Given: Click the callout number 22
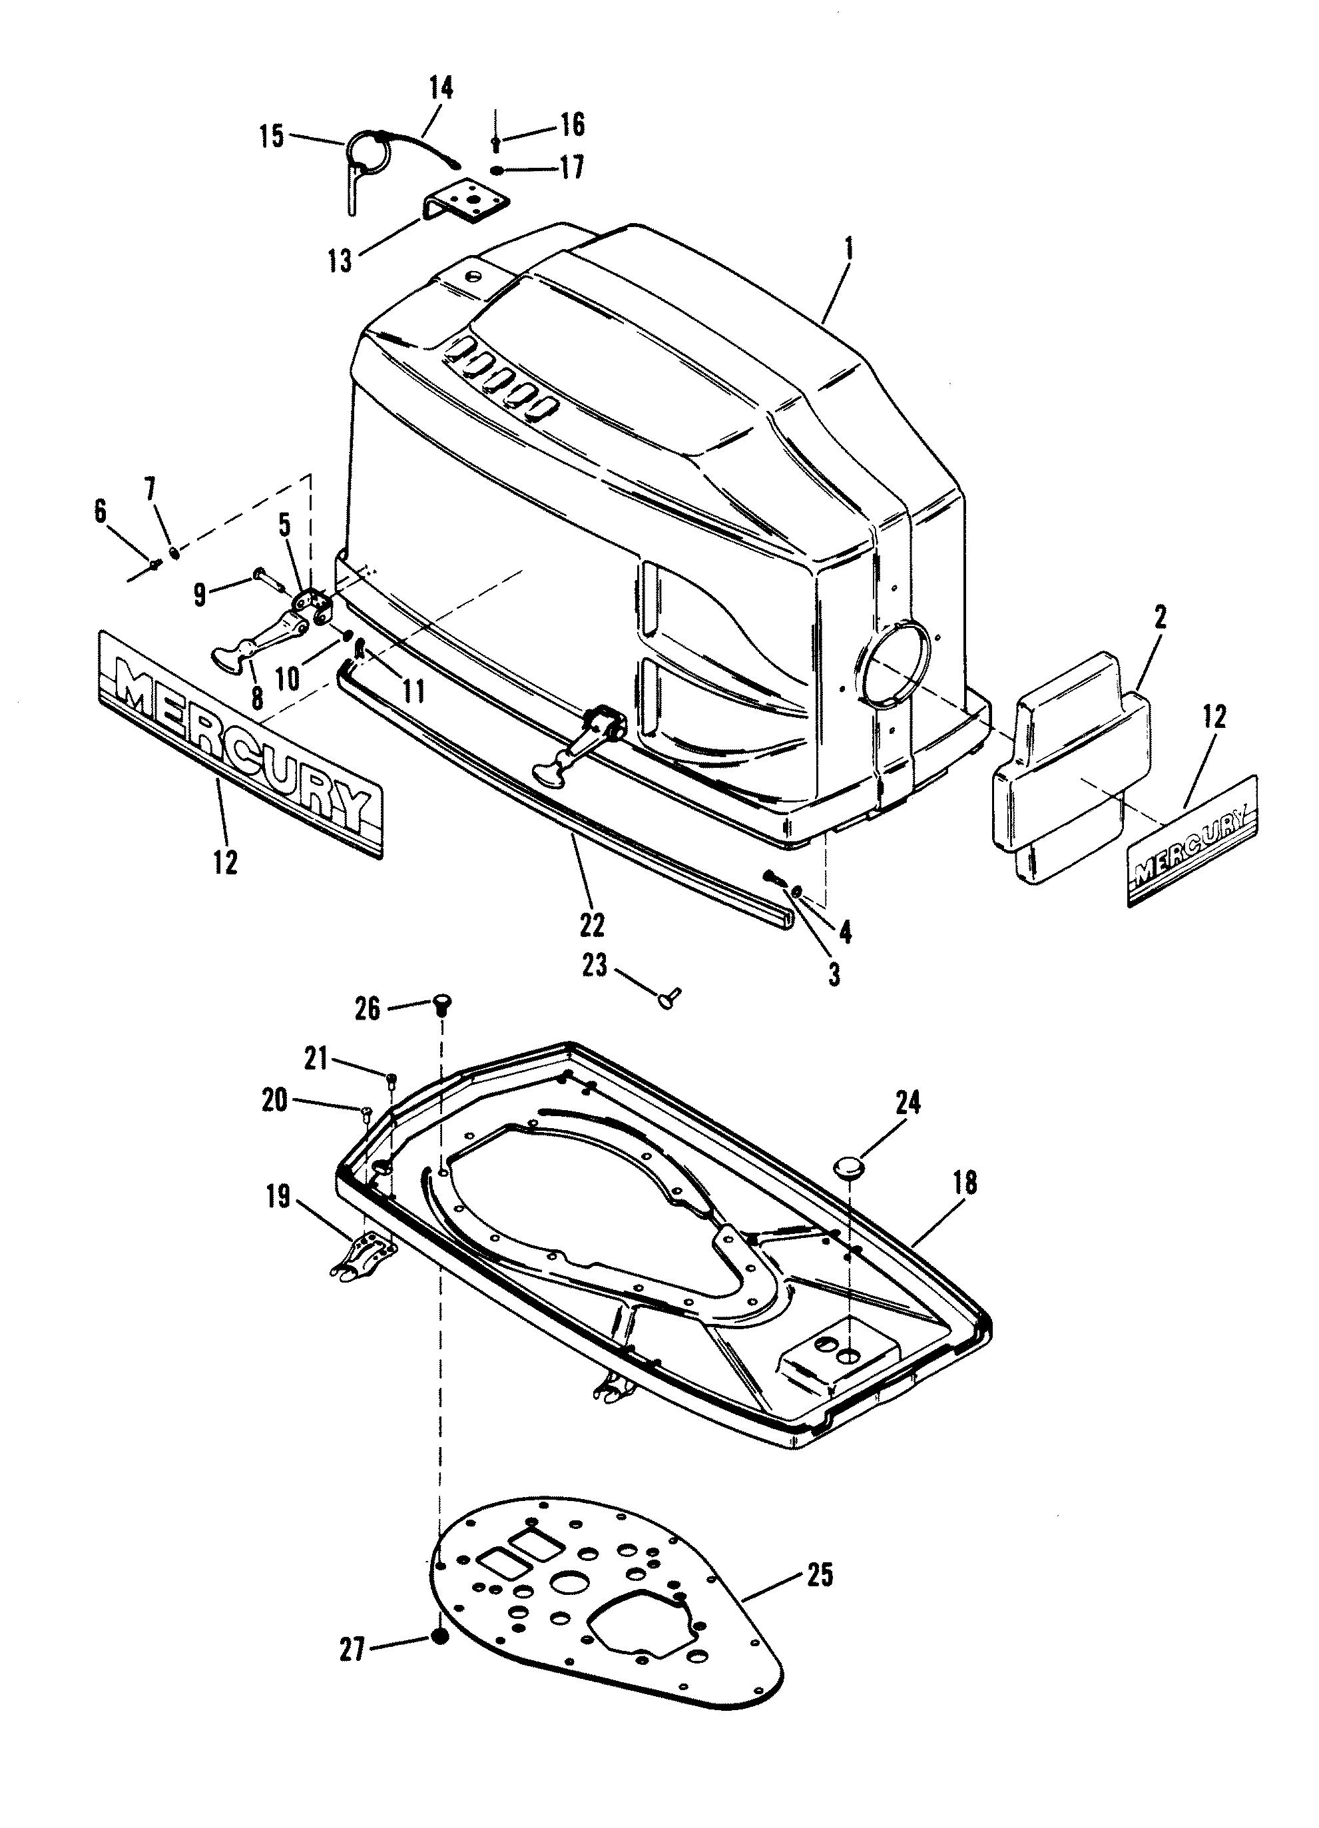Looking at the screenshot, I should [591, 924].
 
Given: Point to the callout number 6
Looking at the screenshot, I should [101, 511].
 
